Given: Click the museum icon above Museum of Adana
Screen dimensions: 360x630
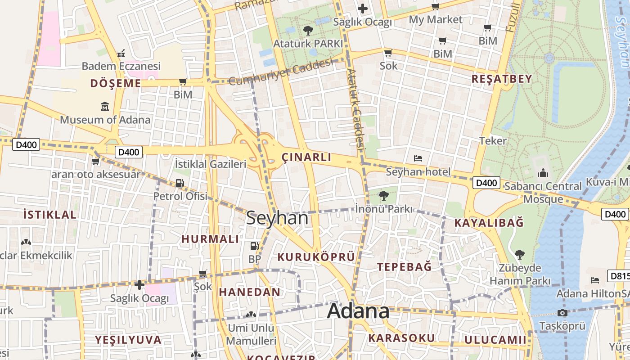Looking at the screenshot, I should (105, 107).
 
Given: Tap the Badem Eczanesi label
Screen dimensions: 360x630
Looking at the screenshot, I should (121, 66).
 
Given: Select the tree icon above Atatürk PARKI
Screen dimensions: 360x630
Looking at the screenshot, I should (308, 31).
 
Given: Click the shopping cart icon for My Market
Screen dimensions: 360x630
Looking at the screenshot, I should (435, 6).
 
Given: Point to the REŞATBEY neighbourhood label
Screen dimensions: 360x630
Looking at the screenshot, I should (502, 79).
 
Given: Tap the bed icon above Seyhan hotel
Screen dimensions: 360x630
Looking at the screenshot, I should (418, 158).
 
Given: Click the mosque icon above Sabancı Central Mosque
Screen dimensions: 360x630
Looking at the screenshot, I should (543, 173).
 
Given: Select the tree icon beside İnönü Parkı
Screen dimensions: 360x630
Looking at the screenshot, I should (383, 196).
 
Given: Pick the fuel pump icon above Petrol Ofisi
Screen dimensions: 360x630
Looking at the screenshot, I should (180, 183).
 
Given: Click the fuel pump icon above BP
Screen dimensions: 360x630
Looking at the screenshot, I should (254, 246).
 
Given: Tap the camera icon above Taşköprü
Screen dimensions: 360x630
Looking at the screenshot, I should (562, 313).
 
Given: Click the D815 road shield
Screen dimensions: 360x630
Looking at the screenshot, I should (618, 276).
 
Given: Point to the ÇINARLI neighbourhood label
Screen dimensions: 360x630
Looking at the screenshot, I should (306, 157).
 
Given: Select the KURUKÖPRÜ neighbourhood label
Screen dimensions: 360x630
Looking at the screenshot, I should (316, 257).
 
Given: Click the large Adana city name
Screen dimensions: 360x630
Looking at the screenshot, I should (358, 311).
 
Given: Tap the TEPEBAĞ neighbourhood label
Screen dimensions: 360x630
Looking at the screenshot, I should (404, 266).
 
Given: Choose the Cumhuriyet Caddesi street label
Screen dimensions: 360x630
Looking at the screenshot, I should (280, 72).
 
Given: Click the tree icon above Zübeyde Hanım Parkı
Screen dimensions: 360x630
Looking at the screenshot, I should (520, 255).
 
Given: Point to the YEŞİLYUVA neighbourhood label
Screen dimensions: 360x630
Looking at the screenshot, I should (128, 340).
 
